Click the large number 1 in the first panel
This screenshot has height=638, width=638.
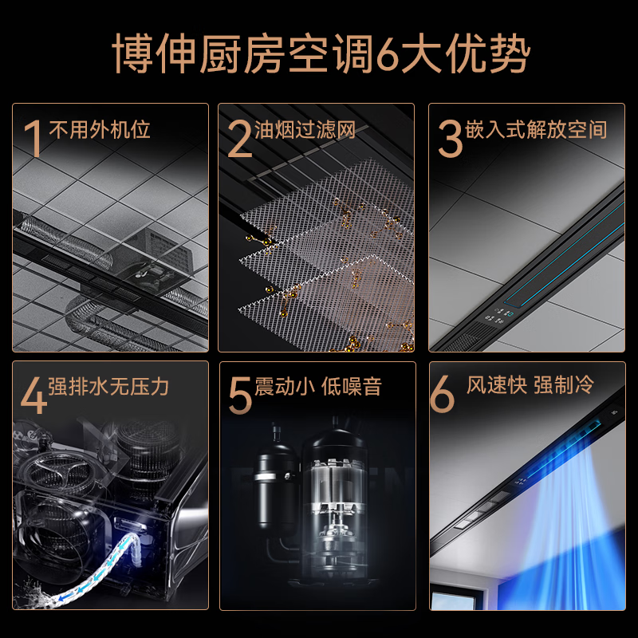[x=33, y=138]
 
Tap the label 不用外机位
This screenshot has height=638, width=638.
[x=100, y=129]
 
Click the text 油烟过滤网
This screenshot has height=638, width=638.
[x=305, y=129]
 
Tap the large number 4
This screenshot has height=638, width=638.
[x=33, y=396]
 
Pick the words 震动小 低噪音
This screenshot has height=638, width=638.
[x=318, y=388]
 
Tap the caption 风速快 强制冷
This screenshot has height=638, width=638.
[x=530, y=386]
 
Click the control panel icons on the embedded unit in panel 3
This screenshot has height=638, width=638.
[x=499, y=317]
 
